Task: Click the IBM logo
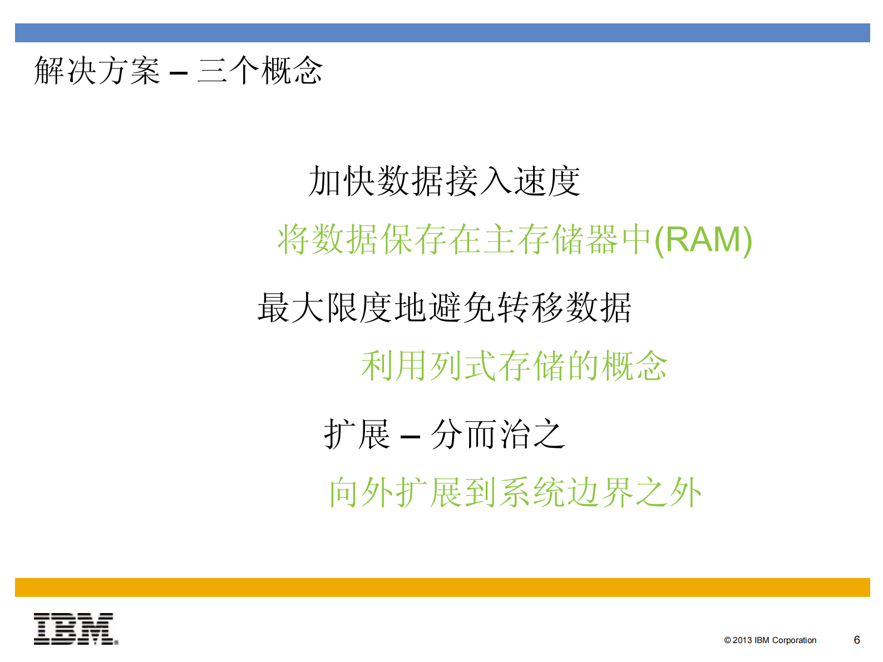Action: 76,629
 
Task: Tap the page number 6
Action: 857,640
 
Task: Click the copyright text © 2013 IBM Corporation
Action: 770,640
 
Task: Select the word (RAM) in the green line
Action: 703,240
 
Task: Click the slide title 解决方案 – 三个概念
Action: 178,71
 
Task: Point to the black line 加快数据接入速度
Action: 445,182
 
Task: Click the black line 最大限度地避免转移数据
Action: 445,308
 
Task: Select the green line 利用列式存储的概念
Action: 514,366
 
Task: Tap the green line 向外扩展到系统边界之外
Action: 515,492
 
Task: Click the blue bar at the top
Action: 442,33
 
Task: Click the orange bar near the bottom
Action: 442,587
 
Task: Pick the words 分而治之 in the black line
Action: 499,434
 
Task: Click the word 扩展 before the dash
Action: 357,434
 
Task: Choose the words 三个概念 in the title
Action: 260,71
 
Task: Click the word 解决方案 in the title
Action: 97,71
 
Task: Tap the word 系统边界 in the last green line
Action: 566,492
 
